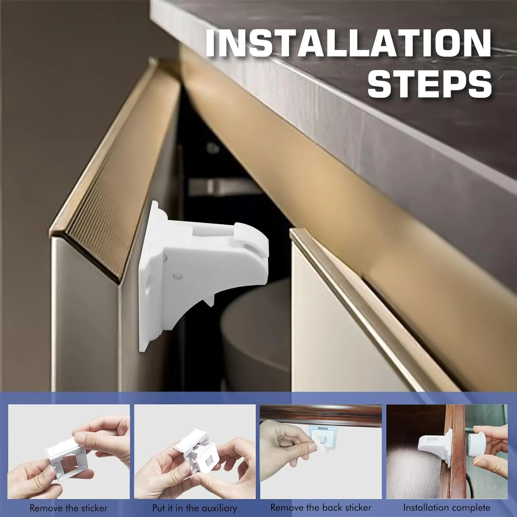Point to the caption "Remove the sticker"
pyautogui.click(x=69, y=508)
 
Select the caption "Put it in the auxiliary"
pyautogui.click(x=195, y=508)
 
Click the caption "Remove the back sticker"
pyautogui.click(x=321, y=507)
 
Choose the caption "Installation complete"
pyautogui.click(x=447, y=507)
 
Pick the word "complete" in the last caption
pyautogui.click(x=469, y=508)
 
